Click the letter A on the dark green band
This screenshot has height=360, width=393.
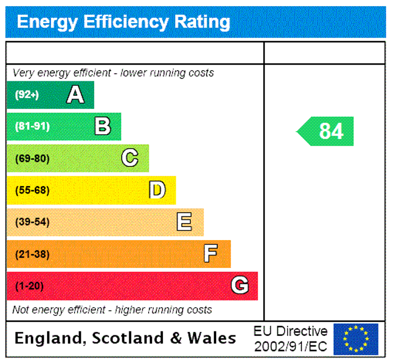click(75, 95)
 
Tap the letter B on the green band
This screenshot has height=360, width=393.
click(102, 126)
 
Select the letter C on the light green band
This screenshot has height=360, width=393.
click(130, 158)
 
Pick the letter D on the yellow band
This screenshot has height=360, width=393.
click(157, 190)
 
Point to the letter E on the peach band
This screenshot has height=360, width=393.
click(184, 222)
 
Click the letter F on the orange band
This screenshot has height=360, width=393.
click(211, 254)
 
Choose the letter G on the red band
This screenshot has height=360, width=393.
click(240, 286)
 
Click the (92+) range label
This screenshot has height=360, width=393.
click(27, 95)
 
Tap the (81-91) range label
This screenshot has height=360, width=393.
click(32, 126)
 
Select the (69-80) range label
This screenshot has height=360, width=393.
click(32, 158)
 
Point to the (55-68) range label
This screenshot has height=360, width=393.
click(32, 190)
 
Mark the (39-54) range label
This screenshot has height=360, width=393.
click(32, 222)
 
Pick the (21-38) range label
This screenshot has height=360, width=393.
click(32, 254)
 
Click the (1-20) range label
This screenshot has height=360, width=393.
click(29, 286)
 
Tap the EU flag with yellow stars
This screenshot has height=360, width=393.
click(355, 339)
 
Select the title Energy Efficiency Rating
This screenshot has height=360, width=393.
click(124, 22)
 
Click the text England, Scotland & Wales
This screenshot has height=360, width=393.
click(125, 338)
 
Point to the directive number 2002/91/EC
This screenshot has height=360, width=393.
click(290, 345)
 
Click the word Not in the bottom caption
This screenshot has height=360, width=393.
click(21, 310)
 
